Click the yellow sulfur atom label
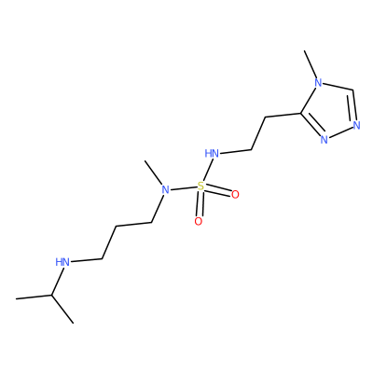200,186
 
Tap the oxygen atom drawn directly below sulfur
199,222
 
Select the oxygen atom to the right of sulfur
235,195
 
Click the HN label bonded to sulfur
212,153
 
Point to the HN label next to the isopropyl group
62,262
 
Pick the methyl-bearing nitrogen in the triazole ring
318,83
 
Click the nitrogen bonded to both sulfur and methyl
166,189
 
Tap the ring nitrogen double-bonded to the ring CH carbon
356,125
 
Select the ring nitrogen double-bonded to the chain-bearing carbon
325,139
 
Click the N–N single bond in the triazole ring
340,132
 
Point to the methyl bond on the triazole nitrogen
311,64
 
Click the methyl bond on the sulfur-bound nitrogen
154,173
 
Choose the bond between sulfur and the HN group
207,170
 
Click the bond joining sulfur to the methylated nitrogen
184,188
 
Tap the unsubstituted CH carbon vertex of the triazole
353,90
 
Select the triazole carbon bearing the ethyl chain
300,113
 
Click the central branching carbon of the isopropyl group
51,295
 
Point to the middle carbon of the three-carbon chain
117,227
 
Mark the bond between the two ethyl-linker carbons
258,133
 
